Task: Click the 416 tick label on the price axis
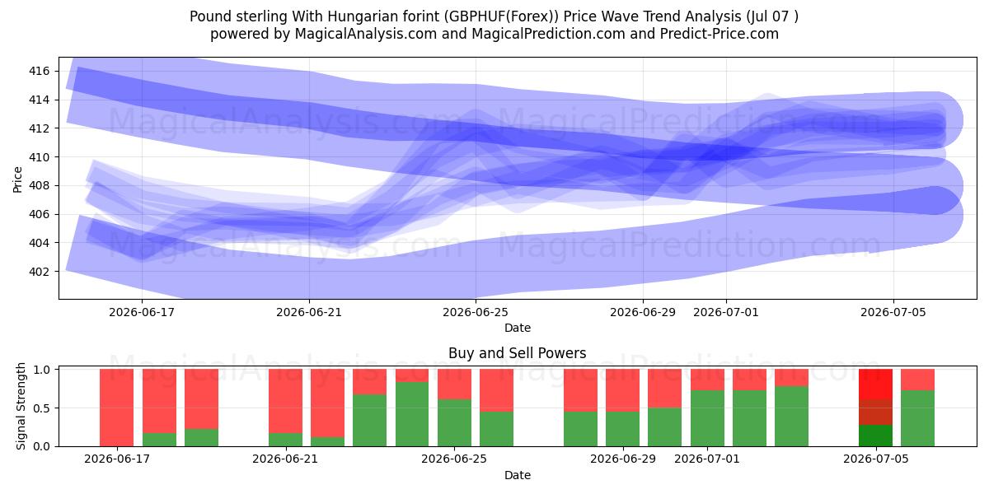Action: click(40, 71)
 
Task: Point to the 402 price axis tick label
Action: click(40, 272)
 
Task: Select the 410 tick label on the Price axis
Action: click(40, 157)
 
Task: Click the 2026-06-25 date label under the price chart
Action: click(476, 312)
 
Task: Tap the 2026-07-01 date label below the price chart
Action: click(726, 312)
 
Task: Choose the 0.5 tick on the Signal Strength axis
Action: click(41, 408)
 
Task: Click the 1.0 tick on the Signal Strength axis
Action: click(41, 369)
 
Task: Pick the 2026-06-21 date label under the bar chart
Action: click(285, 459)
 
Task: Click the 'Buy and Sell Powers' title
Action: click(518, 353)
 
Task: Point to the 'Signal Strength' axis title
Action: click(21, 406)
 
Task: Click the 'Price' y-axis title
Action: click(17, 179)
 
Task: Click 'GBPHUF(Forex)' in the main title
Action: click(501, 16)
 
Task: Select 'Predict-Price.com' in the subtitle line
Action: click(719, 34)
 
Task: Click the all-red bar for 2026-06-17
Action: click(116, 408)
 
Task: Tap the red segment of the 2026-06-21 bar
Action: click(286, 401)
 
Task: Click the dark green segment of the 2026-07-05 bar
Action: click(875, 436)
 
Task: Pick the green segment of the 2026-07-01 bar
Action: click(707, 418)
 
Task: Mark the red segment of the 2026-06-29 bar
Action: click(622, 390)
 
